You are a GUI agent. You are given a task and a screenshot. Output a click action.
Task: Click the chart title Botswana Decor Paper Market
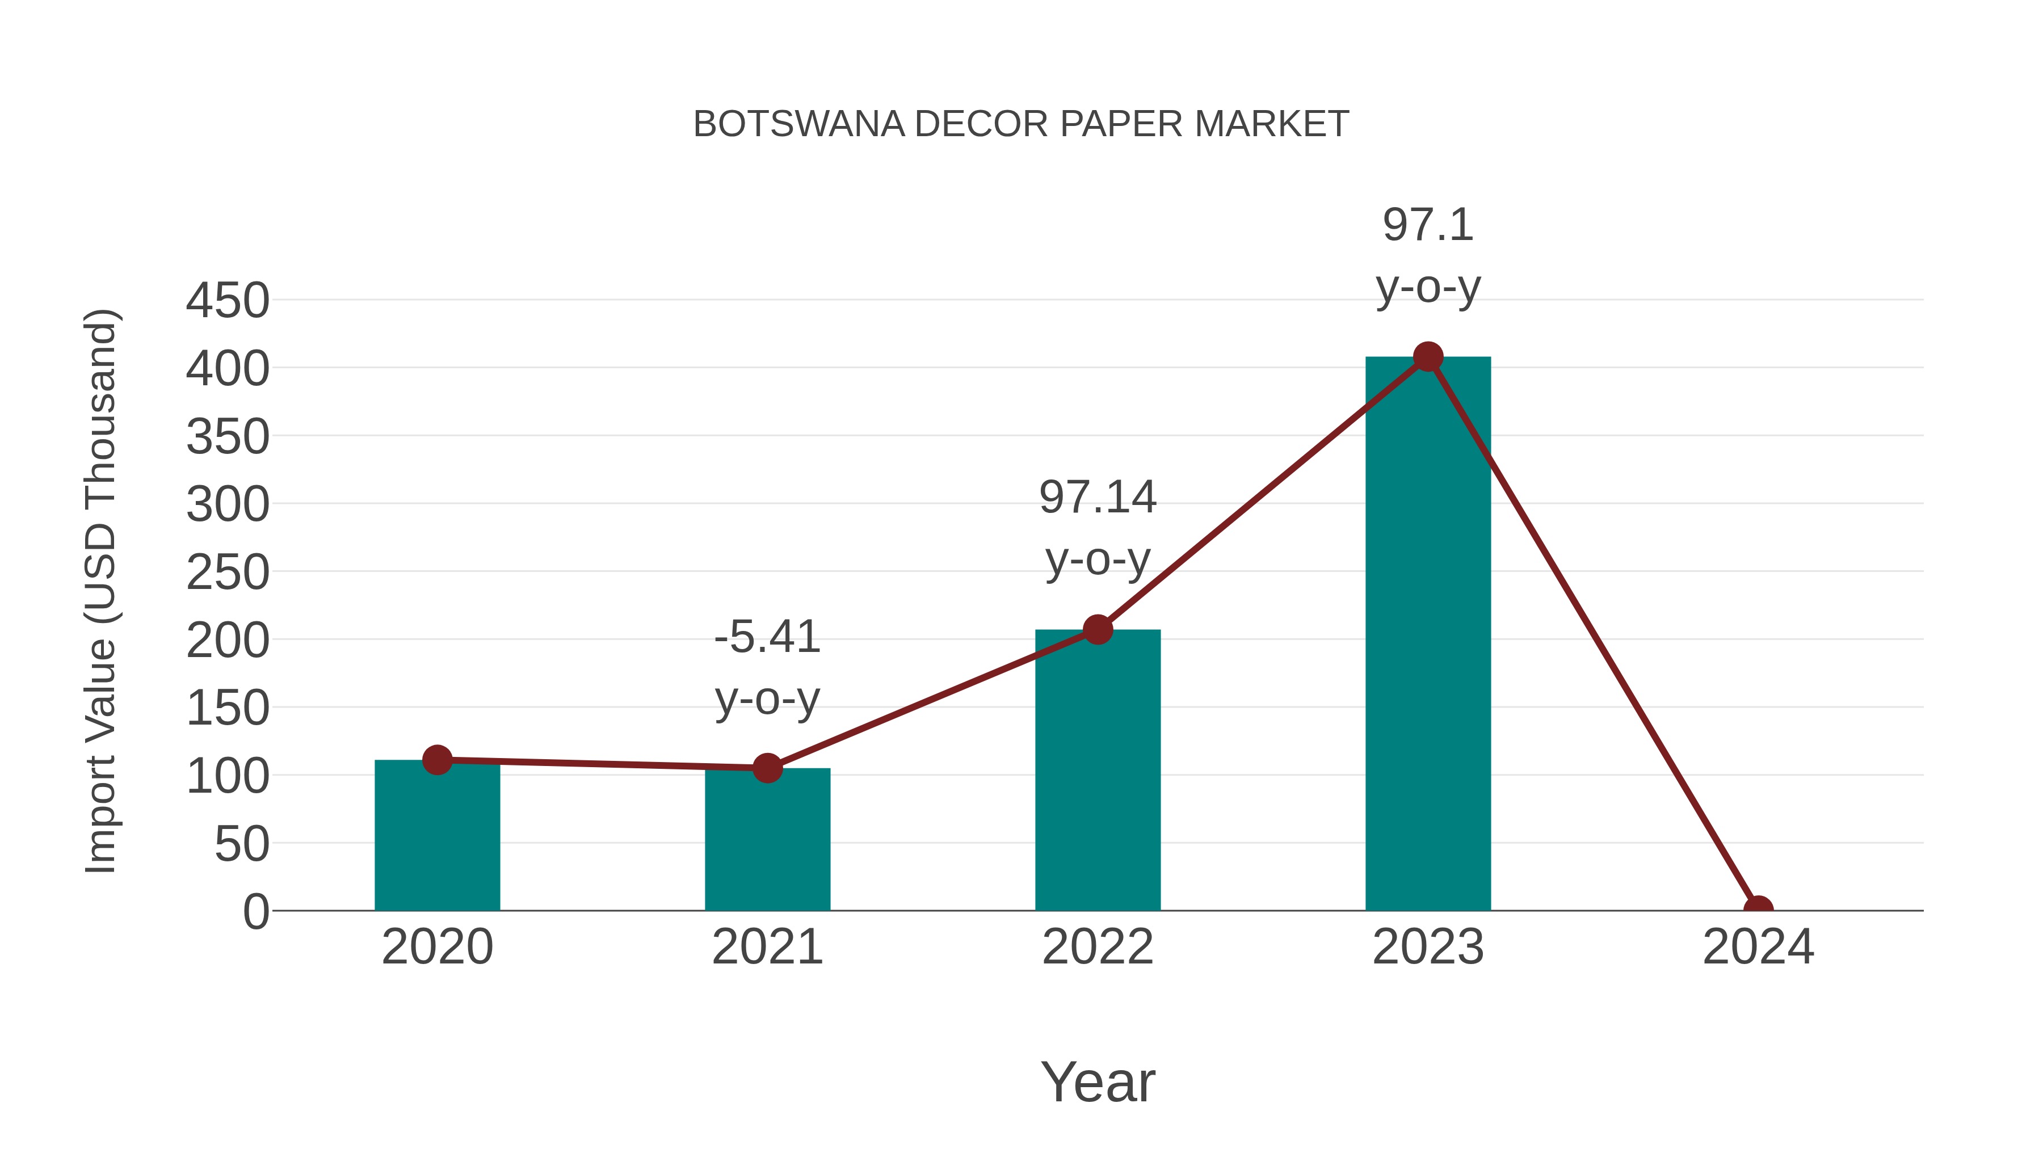coord(1021,124)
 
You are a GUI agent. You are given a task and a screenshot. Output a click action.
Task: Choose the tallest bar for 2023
coord(1428,634)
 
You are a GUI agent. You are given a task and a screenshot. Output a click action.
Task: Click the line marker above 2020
coord(437,760)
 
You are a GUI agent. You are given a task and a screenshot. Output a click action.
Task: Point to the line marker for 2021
coord(767,768)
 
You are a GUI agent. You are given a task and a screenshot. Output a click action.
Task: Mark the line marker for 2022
coord(1098,630)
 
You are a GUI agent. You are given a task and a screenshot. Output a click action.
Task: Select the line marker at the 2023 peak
coord(1428,357)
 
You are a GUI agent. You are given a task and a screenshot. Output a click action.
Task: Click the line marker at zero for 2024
coord(1758,909)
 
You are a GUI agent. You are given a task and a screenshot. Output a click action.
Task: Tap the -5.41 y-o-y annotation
coord(767,668)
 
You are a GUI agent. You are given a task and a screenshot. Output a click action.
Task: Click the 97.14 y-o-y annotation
coord(1098,528)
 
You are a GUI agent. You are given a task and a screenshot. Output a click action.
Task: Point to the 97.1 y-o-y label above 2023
coord(1428,255)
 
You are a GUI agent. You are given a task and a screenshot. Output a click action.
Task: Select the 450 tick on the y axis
coord(228,301)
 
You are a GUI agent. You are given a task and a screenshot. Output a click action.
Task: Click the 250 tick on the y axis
coord(228,573)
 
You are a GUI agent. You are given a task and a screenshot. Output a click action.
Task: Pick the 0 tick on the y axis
coord(256,912)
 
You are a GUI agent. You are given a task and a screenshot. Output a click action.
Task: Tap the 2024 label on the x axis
coord(1758,947)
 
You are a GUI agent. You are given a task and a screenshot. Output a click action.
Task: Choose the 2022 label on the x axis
coord(1098,947)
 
